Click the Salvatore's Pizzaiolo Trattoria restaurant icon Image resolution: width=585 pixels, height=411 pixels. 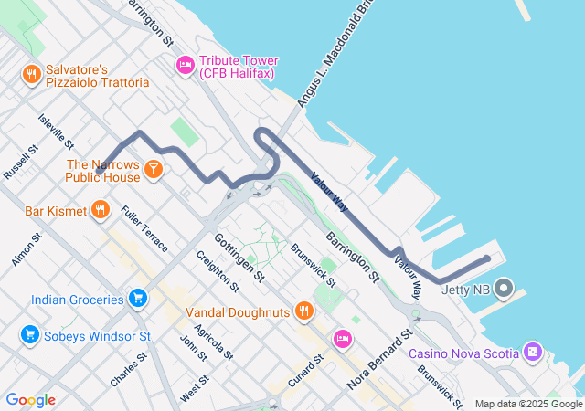point(32,74)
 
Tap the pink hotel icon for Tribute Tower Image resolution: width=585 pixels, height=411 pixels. point(185,65)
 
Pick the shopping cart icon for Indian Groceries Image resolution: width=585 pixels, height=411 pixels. point(137,299)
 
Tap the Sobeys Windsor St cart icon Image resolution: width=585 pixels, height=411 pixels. point(30,336)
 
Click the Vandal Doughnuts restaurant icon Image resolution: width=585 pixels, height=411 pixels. point(304,312)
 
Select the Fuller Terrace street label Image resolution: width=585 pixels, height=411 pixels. point(144,229)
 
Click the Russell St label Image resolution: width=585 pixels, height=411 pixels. point(20,161)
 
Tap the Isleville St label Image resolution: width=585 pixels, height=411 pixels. point(56,132)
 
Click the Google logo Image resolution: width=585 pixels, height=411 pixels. point(30,400)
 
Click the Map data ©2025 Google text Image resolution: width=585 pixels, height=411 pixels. point(528,404)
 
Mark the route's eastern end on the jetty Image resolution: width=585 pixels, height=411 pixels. point(486,258)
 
